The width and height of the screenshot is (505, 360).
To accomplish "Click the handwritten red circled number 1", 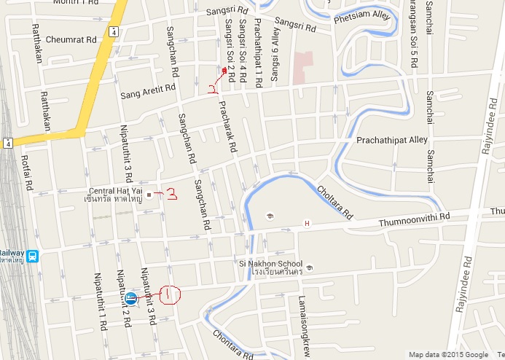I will [168, 294].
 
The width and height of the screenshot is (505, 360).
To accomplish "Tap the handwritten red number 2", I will [212, 90].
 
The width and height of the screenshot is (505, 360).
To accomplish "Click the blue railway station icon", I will [33, 256].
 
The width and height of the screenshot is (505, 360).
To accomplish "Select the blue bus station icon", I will [131, 297].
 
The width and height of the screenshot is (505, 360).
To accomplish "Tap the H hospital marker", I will [307, 223].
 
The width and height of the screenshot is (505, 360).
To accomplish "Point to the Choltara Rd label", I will [334, 203].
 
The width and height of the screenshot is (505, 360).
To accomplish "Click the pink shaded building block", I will [302, 66].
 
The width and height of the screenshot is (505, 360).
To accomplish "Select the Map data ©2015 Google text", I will [448, 355].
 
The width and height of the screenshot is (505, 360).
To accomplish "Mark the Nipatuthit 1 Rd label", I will [101, 300].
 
